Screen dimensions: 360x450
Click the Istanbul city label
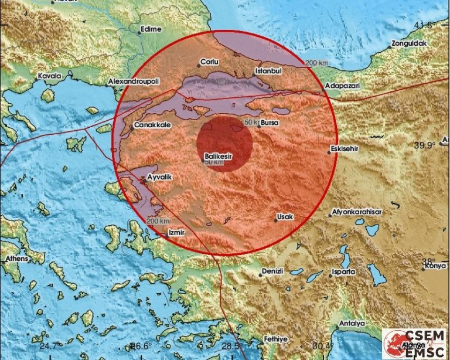coord(269,71)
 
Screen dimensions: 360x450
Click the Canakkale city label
coord(148,125)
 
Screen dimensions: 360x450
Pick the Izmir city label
coord(176,233)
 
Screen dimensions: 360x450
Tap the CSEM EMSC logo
coord(415,343)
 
